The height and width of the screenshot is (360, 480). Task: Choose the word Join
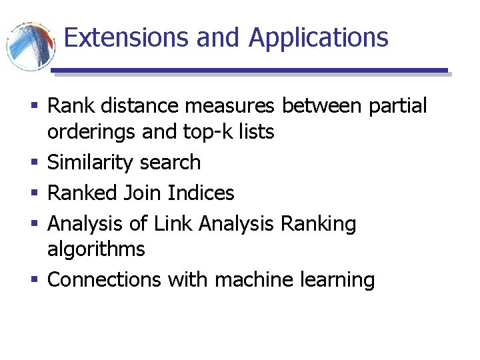click(143, 193)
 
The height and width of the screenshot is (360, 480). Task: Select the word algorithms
click(96, 249)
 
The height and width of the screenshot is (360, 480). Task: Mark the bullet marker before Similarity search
click(33, 163)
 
